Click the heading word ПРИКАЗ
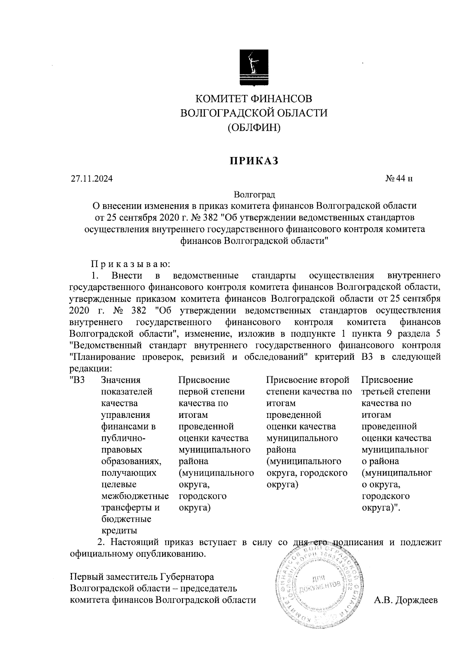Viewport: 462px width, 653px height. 254,161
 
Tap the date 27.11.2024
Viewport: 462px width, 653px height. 92,179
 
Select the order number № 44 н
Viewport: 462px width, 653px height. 399,179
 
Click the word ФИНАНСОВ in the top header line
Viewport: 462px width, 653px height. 281,99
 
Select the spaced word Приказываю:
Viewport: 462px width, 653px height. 130,264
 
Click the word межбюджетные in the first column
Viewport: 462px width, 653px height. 135,496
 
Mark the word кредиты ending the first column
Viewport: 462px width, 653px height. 119,531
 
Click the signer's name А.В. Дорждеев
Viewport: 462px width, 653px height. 406,600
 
